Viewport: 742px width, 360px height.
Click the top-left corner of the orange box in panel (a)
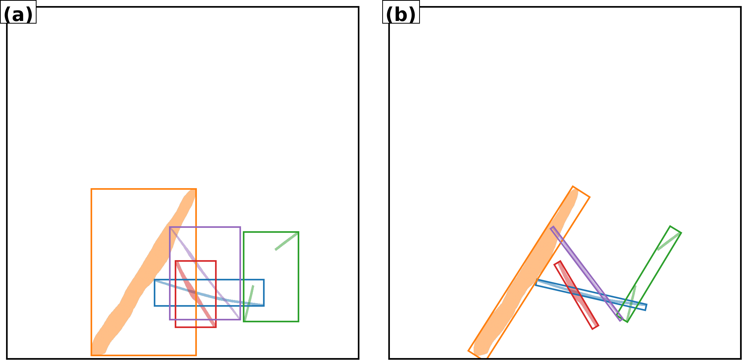pyautogui.click(x=91, y=189)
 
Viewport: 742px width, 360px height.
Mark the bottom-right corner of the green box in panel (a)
pyautogui.click(x=298, y=322)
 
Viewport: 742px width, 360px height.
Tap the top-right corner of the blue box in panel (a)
pyautogui.click(x=264, y=280)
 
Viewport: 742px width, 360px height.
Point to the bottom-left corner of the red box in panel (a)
pyautogui.click(x=176, y=327)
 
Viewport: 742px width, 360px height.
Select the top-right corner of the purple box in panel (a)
pyautogui.click(x=240, y=227)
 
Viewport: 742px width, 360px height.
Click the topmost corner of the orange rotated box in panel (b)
pyautogui.click(x=573, y=186)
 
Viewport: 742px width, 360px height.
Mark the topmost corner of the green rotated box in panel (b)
pyautogui.click(x=670, y=226)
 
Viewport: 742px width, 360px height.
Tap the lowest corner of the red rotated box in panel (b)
pyautogui.click(x=593, y=329)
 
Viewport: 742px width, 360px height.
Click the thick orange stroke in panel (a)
pyautogui.click(x=144, y=272)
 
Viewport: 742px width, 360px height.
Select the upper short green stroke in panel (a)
pyautogui.click(x=286, y=241)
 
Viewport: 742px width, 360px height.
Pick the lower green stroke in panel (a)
pyautogui.click(x=249, y=303)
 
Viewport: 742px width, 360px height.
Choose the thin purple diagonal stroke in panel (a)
pyautogui.click(x=205, y=273)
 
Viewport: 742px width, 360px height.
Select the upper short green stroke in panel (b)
pyautogui.click(x=669, y=241)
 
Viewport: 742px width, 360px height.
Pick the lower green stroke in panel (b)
pyautogui.click(x=631, y=303)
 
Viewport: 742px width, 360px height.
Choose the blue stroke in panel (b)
pyautogui.click(x=591, y=294)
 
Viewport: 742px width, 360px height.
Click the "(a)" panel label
pyautogui.click(x=18, y=15)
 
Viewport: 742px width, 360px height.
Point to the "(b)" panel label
pyautogui.click(x=401, y=15)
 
